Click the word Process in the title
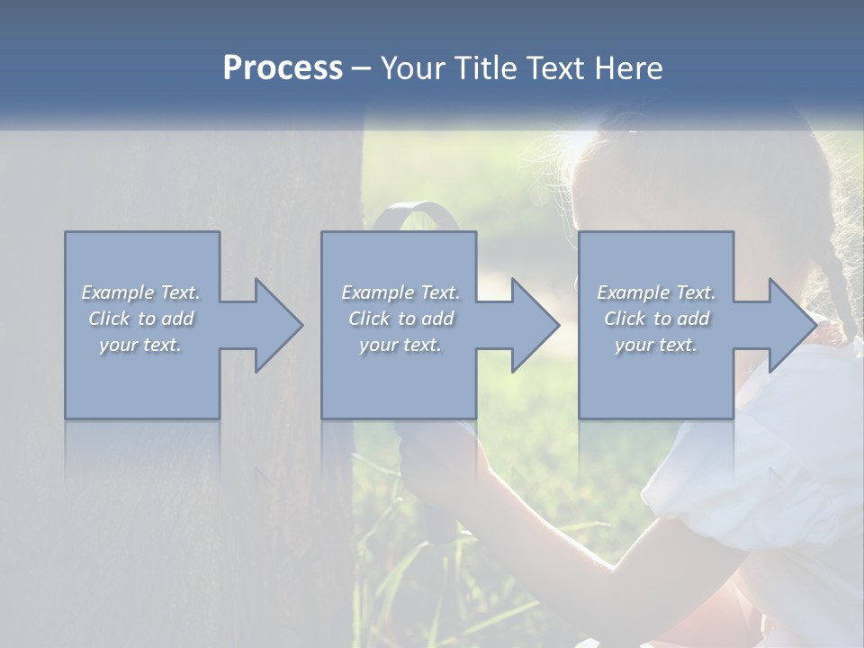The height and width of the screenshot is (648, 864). click(x=283, y=68)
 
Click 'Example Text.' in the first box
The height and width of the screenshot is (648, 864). click(x=140, y=292)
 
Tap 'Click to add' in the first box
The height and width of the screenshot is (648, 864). click(x=140, y=319)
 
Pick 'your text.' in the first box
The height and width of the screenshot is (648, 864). click(x=140, y=345)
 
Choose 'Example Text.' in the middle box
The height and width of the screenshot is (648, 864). click(x=400, y=292)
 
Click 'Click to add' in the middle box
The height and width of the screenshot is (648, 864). click(x=400, y=319)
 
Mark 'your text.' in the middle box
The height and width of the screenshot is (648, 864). click(x=400, y=345)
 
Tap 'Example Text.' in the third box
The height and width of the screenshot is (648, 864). click(x=655, y=292)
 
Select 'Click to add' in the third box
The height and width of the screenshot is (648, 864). click(x=655, y=319)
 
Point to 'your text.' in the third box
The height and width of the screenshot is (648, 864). click(x=655, y=345)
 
